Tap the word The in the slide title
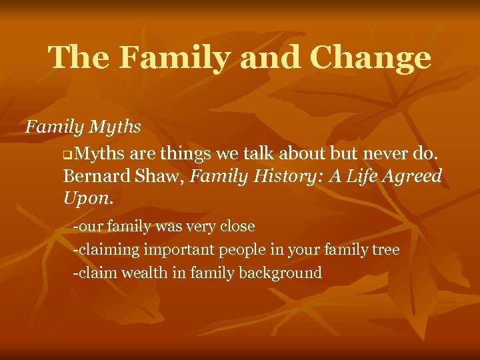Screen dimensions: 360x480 click(78, 58)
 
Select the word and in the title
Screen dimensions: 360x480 click(270, 58)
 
